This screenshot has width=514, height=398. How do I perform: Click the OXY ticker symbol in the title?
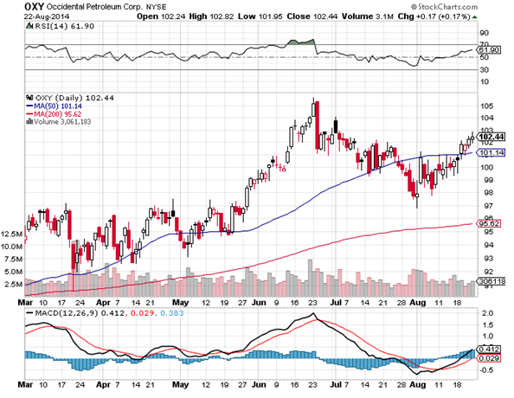[x=34, y=6]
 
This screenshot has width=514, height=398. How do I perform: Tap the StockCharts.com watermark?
[x=444, y=6]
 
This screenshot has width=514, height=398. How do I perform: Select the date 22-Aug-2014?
[x=47, y=16]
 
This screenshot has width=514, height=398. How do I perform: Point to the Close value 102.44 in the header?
[x=324, y=16]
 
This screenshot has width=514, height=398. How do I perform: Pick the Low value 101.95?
[x=270, y=16]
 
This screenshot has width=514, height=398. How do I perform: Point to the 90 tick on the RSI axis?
[x=485, y=33]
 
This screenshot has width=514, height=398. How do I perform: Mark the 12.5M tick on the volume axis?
[x=12, y=234]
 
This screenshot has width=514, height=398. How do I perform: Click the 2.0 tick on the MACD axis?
[x=488, y=313]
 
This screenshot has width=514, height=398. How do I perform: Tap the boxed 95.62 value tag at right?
[x=488, y=223]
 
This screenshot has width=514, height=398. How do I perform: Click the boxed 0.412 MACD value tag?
[x=489, y=350]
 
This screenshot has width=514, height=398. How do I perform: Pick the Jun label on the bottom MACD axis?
[x=259, y=384]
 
